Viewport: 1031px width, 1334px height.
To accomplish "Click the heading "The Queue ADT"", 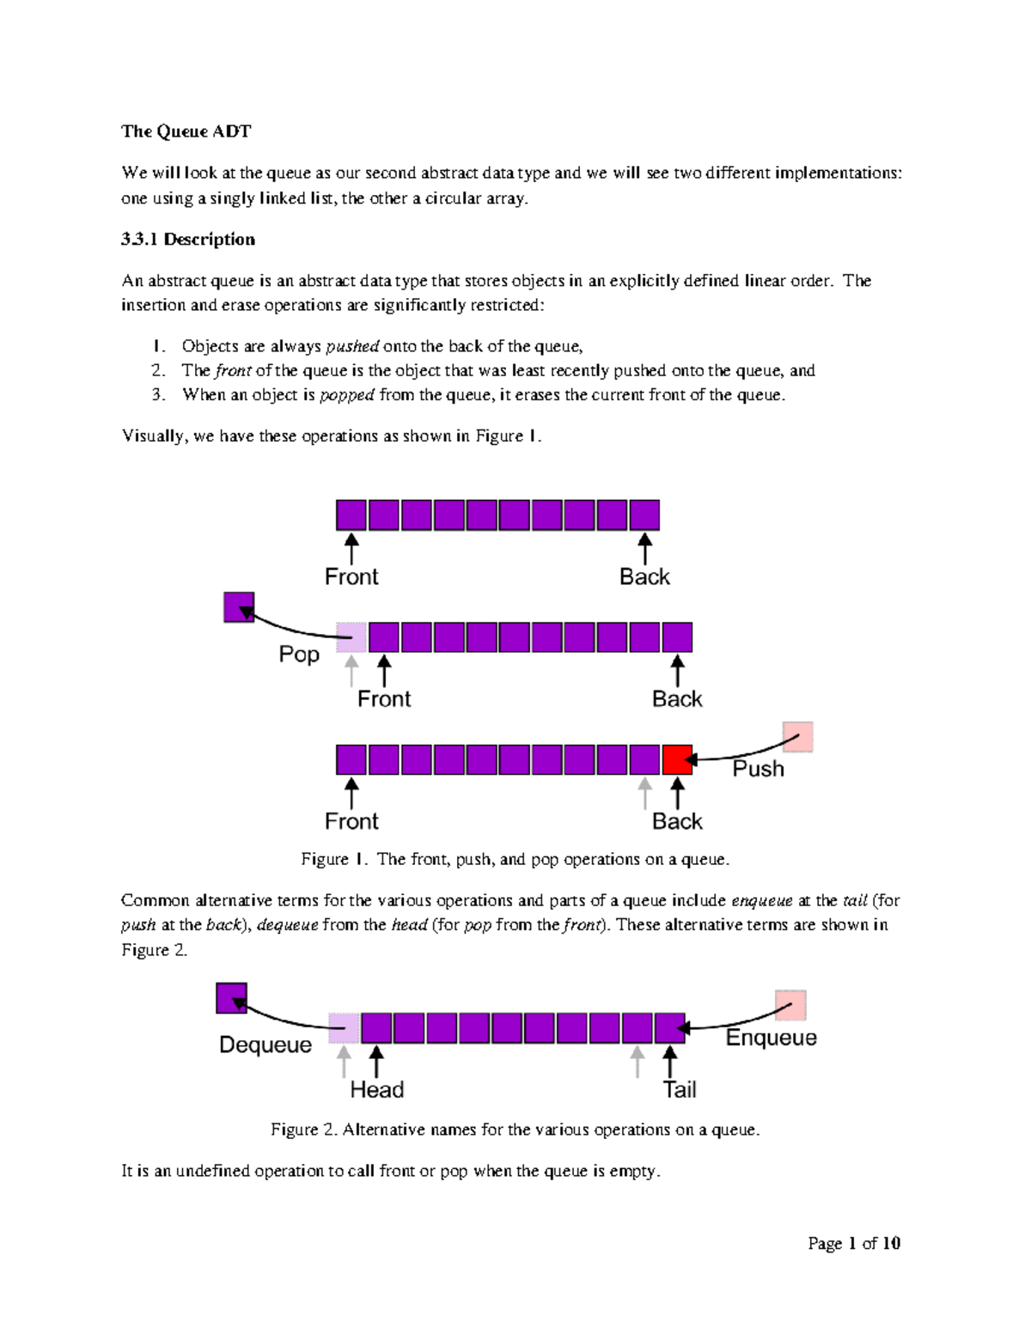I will [186, 131].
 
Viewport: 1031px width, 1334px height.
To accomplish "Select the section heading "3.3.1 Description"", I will [188, 240].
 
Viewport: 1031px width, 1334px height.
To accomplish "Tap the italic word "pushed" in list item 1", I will [352, 346].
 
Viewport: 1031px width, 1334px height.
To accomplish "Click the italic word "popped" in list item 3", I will [347, 395].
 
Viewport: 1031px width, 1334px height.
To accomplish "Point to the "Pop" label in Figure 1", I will [299, 655].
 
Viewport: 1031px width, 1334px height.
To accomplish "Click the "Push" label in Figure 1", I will [758, 769].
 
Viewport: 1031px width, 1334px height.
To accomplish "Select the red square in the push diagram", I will [677, 760].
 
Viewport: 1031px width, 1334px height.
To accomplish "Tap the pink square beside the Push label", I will [798, 737].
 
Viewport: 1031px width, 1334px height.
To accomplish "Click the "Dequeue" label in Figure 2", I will [265, 1045].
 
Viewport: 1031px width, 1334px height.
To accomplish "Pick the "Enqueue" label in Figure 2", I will [771, 1038].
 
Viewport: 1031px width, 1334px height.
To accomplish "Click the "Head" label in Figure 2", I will [376, 1090].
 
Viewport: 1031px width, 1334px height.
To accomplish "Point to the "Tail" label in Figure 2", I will [679, 1090].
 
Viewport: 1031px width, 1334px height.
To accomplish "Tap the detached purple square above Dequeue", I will [232, 998].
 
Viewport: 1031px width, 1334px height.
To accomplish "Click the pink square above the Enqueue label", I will [790, 1005].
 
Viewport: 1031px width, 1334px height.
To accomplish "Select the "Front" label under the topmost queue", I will [351, 577].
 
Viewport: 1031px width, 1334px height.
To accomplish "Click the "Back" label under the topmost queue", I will [644, 577].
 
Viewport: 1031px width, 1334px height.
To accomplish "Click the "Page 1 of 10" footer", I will [853, 1243].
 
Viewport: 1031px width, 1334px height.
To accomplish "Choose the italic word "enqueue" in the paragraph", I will [761, 901].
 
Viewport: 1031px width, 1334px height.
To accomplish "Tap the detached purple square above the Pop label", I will [239, 607].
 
